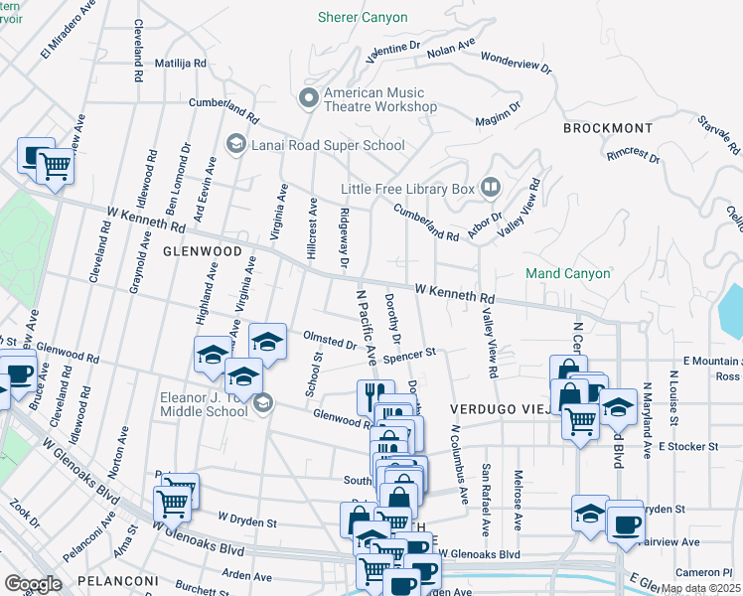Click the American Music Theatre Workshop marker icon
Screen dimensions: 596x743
pyautogui.click(x=308, y=97)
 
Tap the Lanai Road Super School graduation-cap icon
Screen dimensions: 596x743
pyautogui.click(x=235, y=145)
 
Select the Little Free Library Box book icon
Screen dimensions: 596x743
pyautogui.click(x=490, y=187)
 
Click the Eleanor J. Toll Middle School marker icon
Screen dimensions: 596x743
pyautogui.click(x=263, y=402)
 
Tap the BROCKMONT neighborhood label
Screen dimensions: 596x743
pyautogui.click(x=608, y=128)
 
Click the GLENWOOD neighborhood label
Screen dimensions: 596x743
pyautogui.click(x=203, y=252)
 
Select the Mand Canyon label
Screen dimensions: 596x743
pyautogui.click(x=567, y=273)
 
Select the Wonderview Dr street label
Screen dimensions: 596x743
pyautogui.click(x=516, y=64)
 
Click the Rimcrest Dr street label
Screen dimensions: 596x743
pyautogui.click(x=634, y=155)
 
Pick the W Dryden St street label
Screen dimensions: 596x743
pyautogui.click(x=247, y=519)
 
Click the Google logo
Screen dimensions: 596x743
pyautogui.click(x=33, y=584)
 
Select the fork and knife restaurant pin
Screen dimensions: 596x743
pyautogui.click(x=373, y=396)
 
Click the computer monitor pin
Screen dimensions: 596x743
pyautogui.click(x=35, y=155)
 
